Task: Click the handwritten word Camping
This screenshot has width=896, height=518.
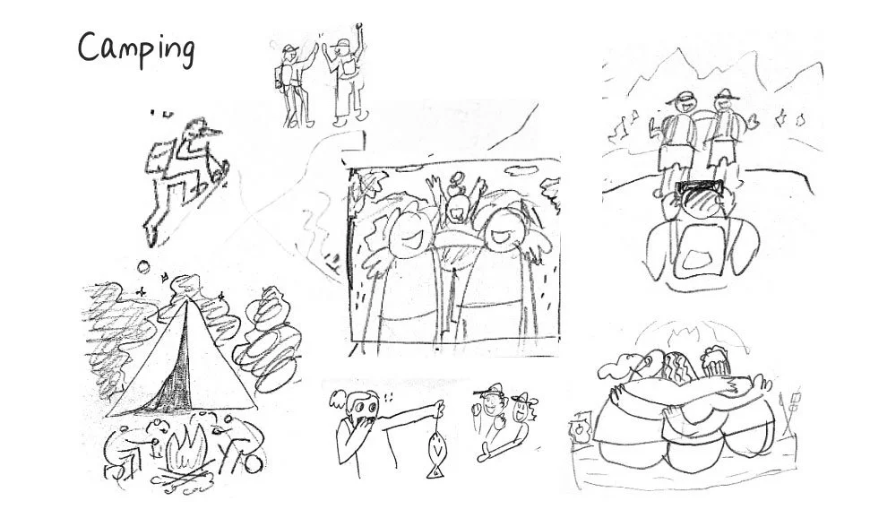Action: pos(136,50)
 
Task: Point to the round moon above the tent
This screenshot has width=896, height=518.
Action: pos(143,267)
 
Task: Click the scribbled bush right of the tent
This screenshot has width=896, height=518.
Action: pos(268,337)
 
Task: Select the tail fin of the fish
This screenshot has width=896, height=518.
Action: pos(435,472)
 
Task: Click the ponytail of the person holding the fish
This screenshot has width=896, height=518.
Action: pos(339,401)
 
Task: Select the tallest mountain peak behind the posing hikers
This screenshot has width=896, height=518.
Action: pos(678,56)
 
